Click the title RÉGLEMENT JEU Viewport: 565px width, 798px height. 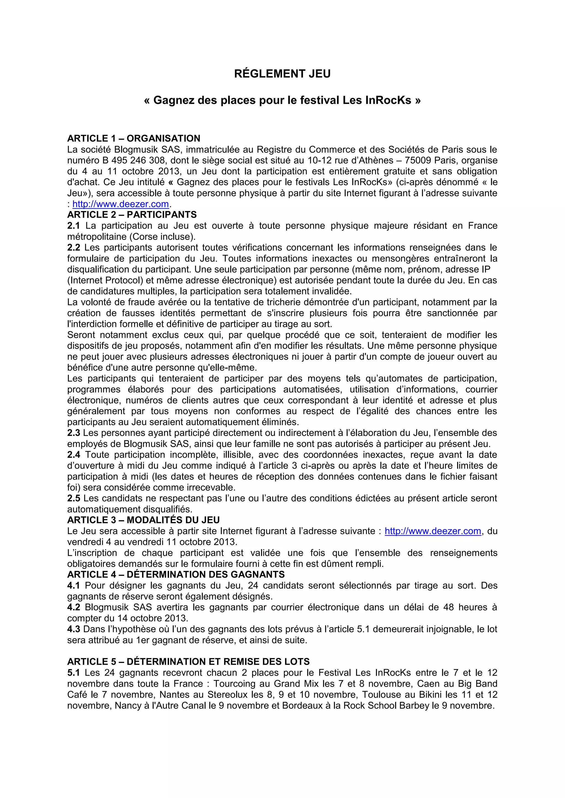click(282, 74)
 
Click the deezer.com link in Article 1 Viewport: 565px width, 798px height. click(120, 204)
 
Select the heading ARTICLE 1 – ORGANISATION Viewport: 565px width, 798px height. click(134, 138)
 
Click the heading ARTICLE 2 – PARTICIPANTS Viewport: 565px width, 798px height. click(132, 215)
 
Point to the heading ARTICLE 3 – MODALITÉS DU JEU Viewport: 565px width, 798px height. click(143, 520)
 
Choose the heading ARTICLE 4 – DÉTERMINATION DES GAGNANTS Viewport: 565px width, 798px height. click(176, 575)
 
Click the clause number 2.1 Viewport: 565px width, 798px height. click(73, 226)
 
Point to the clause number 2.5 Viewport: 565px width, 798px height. click(73, 498)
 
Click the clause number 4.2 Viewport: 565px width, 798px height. click(73, 607)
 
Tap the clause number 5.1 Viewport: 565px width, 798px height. click(73, 673)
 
